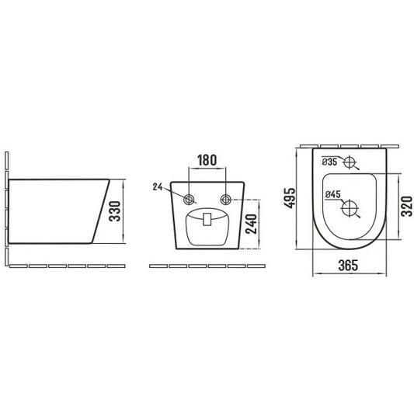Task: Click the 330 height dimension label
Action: [115, 211]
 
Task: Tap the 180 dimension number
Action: [207, 160]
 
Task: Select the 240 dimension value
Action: [252, 224]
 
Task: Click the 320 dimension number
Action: [407, 206]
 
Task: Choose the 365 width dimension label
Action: [348, 266]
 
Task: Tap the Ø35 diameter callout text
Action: [329, 162]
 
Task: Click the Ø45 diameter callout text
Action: [333, 194]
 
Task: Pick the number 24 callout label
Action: [158, 186]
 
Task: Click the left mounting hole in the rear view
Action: [189, 200]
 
